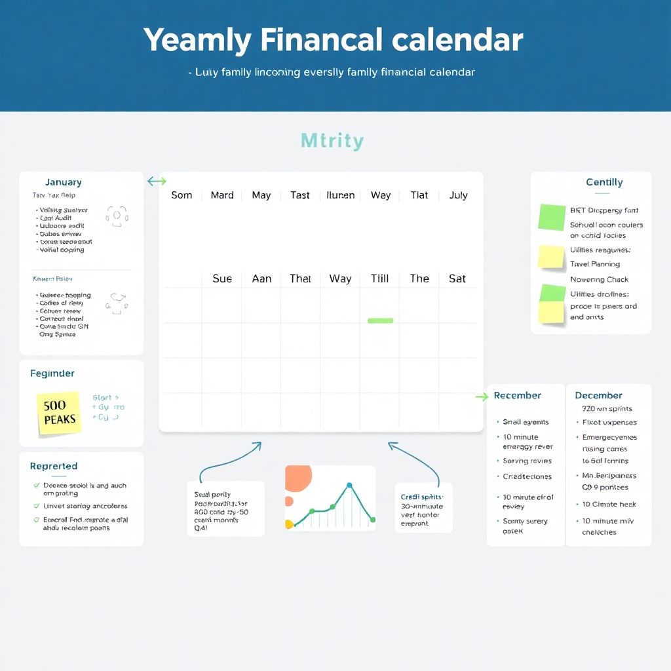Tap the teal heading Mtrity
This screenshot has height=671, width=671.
coord(332,141)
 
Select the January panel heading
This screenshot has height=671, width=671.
coord(64,182)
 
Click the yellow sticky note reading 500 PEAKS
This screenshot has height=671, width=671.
coord(60,412)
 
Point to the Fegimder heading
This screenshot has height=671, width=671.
coord(52,374)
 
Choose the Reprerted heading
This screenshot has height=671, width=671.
coord(54,467)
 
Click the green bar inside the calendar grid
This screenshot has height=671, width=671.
coord(381,320)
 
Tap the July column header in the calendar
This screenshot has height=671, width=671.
coord(459,195)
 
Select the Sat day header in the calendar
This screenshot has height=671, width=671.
coord(457,278)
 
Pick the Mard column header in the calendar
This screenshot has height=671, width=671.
coord(222,195)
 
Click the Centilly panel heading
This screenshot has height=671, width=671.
coord(604,182)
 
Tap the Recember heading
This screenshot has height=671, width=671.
coord(518,396)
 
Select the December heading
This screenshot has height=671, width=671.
coord(598,396)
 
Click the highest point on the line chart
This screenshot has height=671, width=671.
coord(349,486)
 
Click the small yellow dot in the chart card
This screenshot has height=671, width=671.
coord(289,524)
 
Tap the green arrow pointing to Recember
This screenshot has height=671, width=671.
coord(482,396)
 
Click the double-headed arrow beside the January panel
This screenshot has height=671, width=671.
coord(157,181)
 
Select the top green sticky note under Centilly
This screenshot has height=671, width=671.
coord(552,217)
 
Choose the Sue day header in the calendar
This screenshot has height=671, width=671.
coord(222,278)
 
